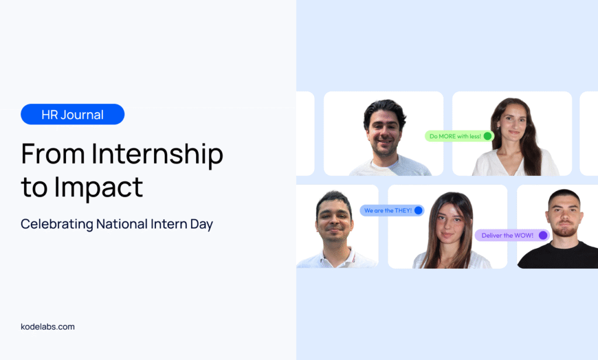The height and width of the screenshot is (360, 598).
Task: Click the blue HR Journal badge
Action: coord(72,114)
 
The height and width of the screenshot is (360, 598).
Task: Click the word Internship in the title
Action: coord(157,155)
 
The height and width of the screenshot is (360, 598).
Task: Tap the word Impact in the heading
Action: coord(98,188)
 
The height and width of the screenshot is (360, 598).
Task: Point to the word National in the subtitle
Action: coord(121,224)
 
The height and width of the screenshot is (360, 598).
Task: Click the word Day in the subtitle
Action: coord(201,224)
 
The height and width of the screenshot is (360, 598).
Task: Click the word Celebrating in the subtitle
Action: coord(57,224)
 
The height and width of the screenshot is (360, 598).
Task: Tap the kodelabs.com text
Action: coord(48,327)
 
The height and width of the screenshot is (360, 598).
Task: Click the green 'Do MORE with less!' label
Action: coord(460,136)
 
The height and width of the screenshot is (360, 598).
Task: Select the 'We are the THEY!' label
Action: coord(392,210)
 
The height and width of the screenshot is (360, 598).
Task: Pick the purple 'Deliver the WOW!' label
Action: coord(512,235)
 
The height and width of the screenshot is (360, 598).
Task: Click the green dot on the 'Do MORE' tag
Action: coord(488,136)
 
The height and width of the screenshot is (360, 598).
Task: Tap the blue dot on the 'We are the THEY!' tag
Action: coord(418,210)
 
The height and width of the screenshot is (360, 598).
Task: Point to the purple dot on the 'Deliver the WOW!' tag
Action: coord(543,235)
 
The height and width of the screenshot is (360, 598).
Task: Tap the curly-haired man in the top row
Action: coord(387,138)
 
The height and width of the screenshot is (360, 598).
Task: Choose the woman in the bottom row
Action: coord(450,231)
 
